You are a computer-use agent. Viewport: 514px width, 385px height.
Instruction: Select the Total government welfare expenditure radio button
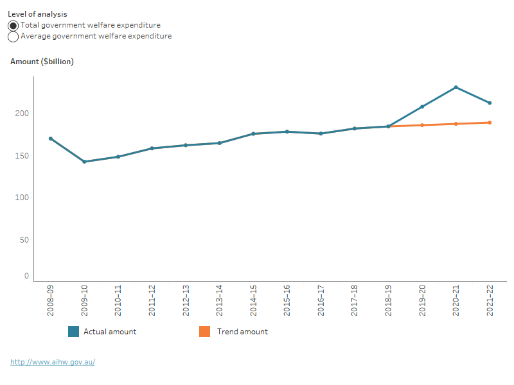(13, 26)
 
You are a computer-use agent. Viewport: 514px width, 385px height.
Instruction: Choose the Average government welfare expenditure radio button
(13, 37)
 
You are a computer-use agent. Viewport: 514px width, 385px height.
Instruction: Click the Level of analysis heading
(37, 13)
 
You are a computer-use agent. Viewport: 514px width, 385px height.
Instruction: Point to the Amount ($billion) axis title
(42, 62)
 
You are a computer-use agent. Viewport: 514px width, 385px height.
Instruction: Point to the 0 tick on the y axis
(26, 276)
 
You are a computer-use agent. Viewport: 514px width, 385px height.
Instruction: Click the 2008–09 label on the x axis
(50, 301)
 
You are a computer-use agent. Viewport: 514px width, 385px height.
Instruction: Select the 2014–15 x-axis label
(253, 301)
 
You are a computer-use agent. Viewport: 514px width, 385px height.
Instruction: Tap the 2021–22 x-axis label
(490, 301)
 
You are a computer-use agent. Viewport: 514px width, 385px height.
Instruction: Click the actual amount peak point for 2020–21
(456, 87)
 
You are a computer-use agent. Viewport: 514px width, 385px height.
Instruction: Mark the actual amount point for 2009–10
(84, 162)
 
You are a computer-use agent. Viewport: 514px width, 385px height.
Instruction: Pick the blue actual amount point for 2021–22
(490, 103)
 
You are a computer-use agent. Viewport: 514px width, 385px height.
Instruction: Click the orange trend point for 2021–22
(490, 123)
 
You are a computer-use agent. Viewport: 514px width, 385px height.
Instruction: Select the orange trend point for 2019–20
(422, 125)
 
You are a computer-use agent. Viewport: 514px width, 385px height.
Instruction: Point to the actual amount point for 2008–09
(50, 139)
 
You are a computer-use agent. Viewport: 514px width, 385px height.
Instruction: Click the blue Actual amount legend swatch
(73, 332)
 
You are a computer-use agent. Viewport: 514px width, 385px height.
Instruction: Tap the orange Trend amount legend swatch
(204, 332)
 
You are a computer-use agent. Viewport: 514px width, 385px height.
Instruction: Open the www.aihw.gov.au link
(53, 362)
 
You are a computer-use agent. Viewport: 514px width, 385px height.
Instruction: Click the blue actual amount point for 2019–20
(422, 107)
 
